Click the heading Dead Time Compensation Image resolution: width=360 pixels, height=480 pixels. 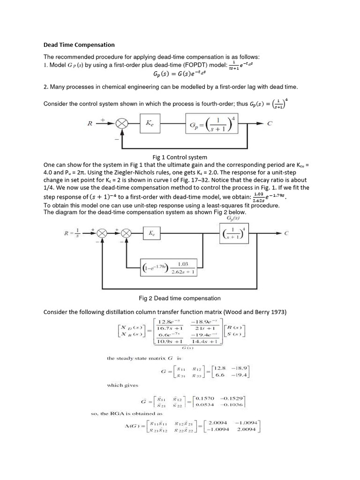click(x=79, y=45)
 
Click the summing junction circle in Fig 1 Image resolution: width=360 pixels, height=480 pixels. click(x=122, y=124)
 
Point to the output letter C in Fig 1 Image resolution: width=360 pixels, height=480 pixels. click(x=269, y=124)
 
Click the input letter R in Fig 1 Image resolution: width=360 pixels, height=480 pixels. click(x=90, y=124)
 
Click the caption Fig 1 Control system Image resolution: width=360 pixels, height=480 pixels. click(x=177, y=157)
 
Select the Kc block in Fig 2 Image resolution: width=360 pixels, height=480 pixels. click(x=152, y=233)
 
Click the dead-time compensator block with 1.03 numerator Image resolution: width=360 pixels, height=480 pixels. click(x=170, y=268)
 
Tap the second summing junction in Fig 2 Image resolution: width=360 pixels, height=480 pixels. click(x=126, y=233)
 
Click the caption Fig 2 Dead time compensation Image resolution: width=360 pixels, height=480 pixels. click(x=180, y=298)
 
